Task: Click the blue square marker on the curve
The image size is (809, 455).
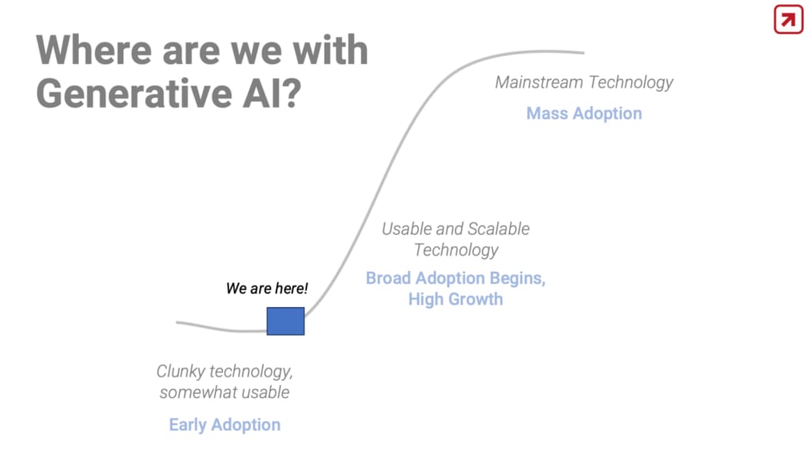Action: (285, 321)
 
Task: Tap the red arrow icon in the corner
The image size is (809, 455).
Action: (788, 20)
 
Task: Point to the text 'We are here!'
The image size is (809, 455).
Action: (267, 288)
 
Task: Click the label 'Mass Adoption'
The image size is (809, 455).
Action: (584, 114)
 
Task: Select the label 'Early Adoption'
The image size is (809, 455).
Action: (225, 424)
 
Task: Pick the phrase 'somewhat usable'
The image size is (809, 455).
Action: (224, 393)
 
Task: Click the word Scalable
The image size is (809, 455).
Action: (499, 228)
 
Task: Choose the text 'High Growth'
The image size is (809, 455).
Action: (456, 299)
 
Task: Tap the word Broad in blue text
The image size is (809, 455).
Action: (389, 278)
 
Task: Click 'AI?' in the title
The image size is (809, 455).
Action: (272, 93)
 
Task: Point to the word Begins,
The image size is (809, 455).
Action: (517, 279)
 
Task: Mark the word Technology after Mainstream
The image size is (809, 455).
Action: (630, 82)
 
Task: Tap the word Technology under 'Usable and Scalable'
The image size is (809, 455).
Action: (456, 250)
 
